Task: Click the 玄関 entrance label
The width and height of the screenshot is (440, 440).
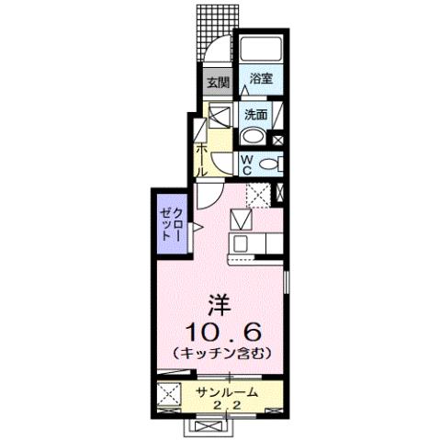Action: click(217, 83)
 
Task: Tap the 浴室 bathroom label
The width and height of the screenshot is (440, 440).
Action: click(261, 79)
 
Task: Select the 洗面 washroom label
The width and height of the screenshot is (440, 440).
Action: click(255, 116)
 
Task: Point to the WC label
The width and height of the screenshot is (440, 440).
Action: click(248, 163)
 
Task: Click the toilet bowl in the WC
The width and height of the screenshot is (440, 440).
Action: click(270, 164)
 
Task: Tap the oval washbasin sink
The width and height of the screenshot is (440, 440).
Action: click(253, 138)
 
